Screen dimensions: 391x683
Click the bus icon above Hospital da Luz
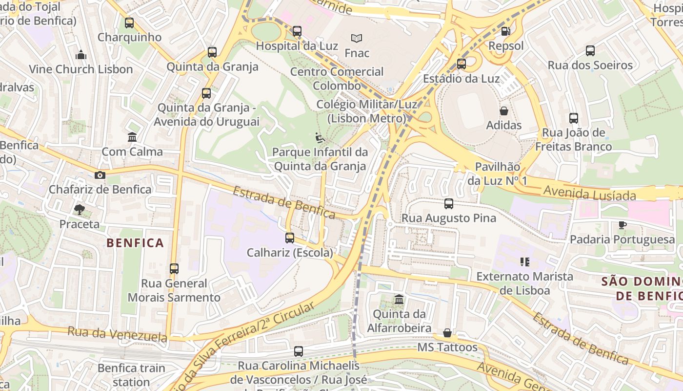click(297, 31)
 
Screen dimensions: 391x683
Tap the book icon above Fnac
click(357, 38)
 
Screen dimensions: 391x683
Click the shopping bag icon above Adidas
click(503, 111)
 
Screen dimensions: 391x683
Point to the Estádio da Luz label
click(461, 79)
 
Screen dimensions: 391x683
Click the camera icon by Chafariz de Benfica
click(100, 175)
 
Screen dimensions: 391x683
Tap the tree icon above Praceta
click(79, 210)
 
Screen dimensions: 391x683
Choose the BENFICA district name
click(135, 243)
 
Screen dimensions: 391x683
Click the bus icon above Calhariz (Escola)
click(290, 238)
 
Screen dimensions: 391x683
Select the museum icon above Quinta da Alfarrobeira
click(399, 299)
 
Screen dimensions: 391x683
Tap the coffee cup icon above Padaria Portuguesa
click(622, 225)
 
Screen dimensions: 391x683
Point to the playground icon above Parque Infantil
click(320, 138)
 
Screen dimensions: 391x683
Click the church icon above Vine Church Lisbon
click(81, 55)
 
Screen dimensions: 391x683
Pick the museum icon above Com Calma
click(132, 137)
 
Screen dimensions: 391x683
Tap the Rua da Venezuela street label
click(117, 334)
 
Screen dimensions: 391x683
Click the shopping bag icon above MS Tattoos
click(447, 333)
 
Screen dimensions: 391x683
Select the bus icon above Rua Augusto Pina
click(448, 204)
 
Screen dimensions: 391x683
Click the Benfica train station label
click(131, 375)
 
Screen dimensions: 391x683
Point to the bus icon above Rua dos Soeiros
click(590, 50)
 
